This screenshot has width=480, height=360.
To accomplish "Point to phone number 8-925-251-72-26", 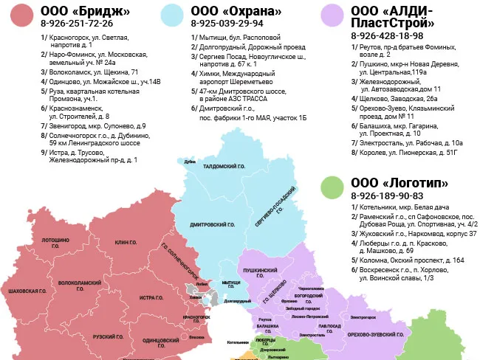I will tap(77, 24).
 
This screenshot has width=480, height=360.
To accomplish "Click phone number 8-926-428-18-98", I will tap(387, 35).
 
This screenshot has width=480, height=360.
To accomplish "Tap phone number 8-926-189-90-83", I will tap(387, 196).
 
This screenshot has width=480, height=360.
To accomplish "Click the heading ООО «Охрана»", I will tap(236, 11).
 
